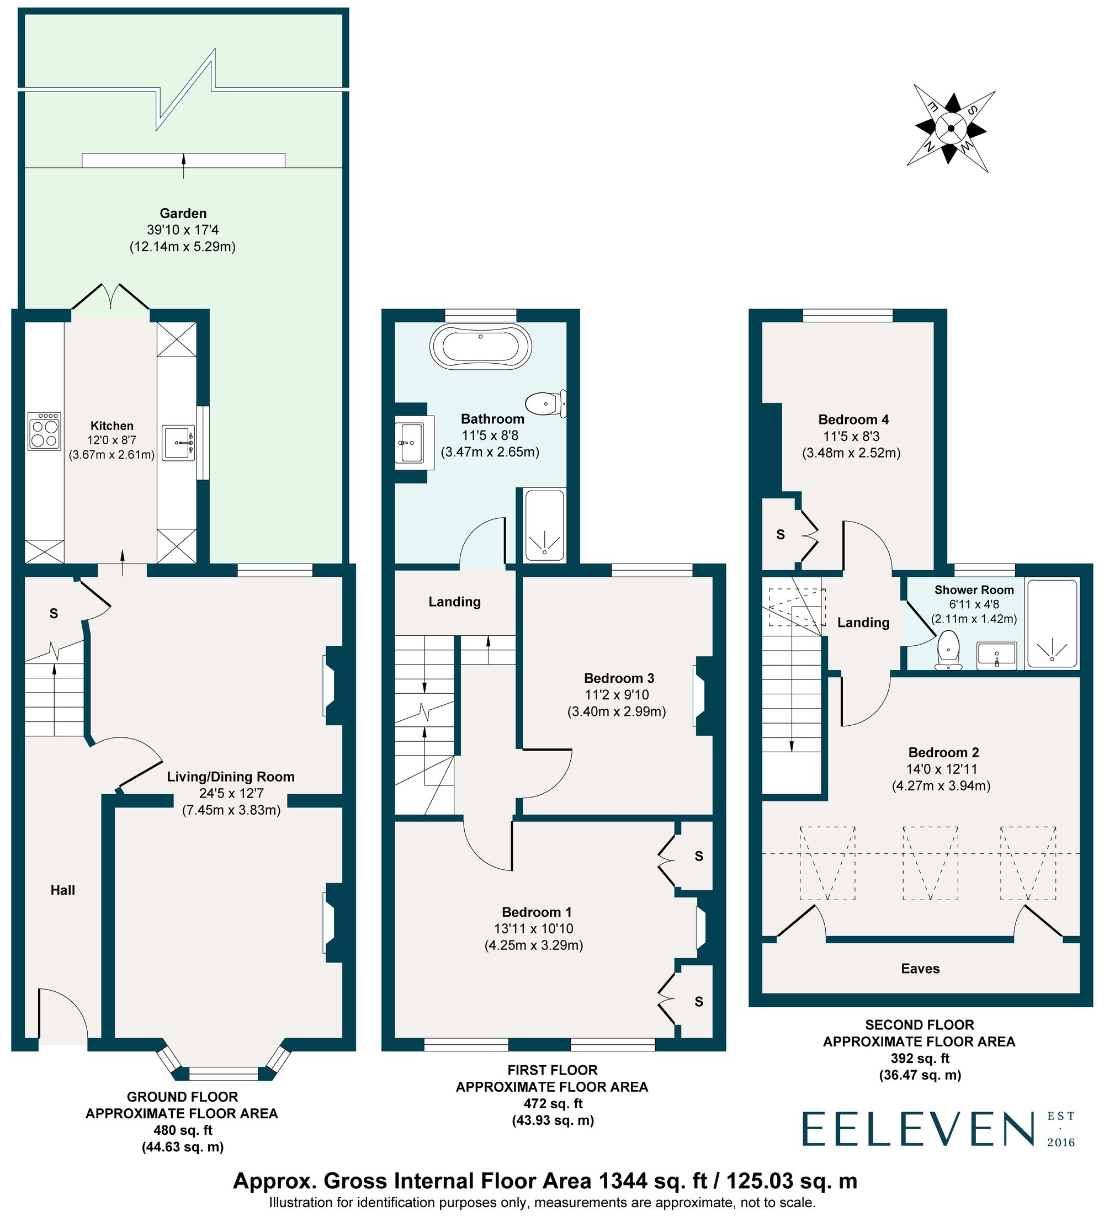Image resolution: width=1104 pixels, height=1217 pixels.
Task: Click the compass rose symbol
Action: [951, 128]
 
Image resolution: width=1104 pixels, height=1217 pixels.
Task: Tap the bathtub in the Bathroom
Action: [480, 347]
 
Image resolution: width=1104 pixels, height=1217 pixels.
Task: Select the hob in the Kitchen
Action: [45, 431]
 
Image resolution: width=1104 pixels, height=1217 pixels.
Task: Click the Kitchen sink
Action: [178, 443]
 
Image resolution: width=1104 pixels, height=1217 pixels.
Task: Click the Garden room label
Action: [183, 213]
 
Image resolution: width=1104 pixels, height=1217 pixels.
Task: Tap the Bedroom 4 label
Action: [853, 419]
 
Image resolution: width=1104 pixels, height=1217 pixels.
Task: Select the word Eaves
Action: [920, 968]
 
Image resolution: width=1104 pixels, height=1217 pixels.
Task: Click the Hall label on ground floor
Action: [63, 890]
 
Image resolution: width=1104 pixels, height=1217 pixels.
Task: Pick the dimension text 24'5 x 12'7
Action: [231, 793]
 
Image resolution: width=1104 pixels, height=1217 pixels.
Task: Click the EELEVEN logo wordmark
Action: [918, 1130]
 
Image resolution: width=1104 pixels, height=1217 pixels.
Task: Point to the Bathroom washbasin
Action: [412, 443]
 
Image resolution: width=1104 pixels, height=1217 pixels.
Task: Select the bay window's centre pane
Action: [224, 1073]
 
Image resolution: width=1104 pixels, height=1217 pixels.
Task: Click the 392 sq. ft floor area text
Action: [919, 1058]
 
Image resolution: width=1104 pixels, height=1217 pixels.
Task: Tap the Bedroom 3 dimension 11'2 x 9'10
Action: [616, 695]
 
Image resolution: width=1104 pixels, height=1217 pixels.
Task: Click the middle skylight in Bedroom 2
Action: [930, 863]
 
